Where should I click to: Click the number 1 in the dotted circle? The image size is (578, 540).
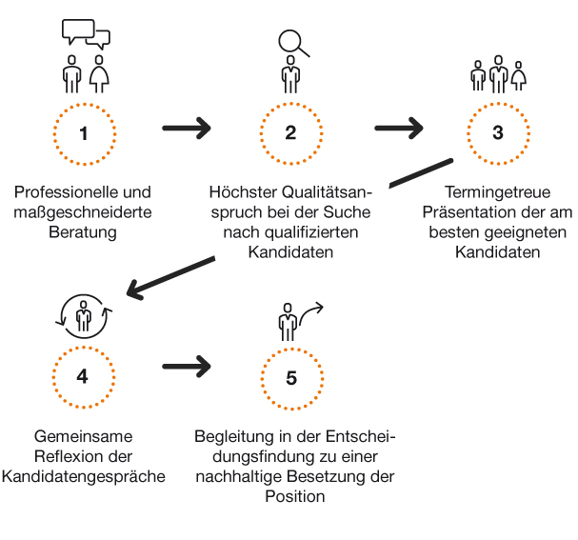[84, 133]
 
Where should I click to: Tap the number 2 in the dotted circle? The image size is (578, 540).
[290, 132]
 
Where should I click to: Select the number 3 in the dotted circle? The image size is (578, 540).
[498, 132]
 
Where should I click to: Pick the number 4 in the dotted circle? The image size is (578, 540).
[82, 376]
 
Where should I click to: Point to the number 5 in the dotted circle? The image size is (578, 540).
[291, 378]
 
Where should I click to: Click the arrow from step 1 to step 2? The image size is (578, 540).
[187, 129]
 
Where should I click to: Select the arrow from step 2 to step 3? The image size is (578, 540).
[399, 129]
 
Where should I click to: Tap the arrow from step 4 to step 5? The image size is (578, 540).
[187, 367]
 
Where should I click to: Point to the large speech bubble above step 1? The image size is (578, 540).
[78, 30]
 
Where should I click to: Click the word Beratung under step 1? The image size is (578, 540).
[83, 232]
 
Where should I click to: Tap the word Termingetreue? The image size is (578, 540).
[498, 192]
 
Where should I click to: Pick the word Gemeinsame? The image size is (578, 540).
[83, 436]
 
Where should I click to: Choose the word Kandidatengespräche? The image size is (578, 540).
[83, 476]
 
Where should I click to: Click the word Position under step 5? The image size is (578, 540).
[295, 496]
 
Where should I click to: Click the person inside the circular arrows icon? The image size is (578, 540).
[84, 315]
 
